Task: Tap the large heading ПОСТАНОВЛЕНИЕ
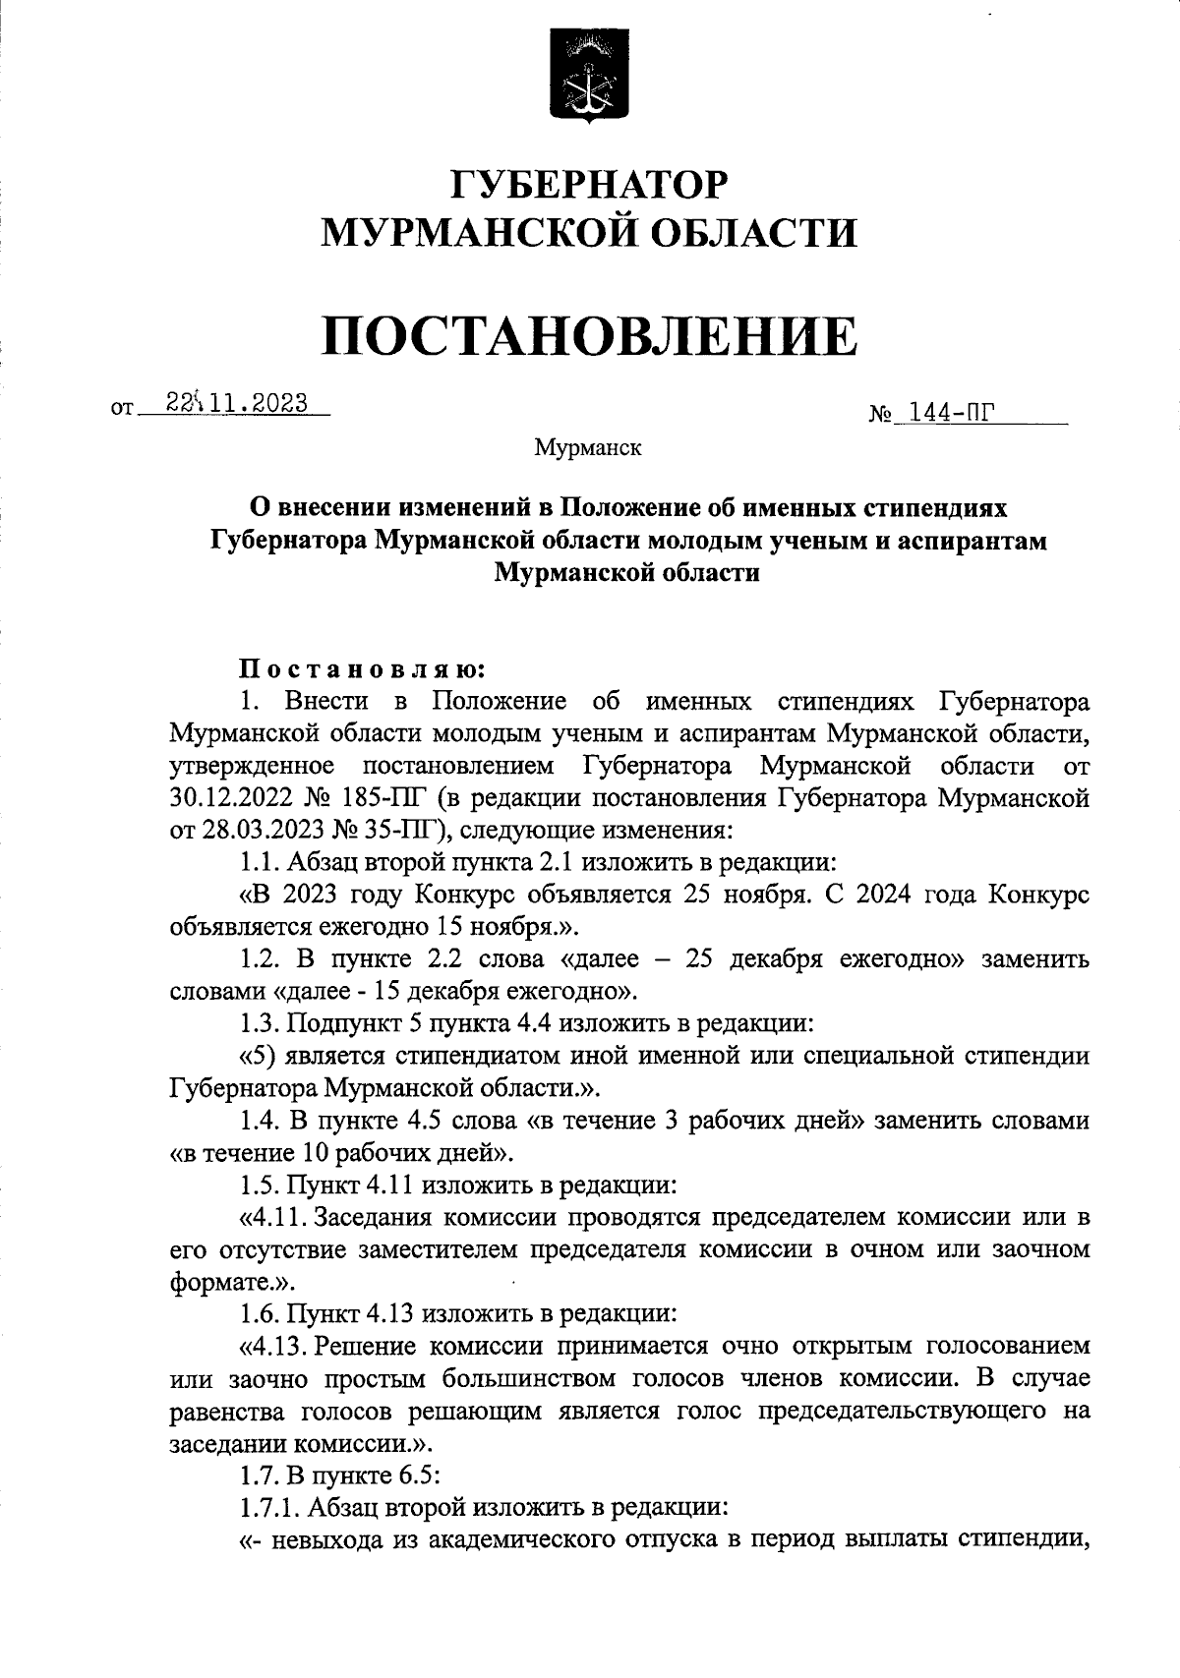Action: [590, 335]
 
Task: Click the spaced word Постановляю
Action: [363, 669]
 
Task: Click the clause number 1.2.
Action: [262, 958]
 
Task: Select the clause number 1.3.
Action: [261, 1023]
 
